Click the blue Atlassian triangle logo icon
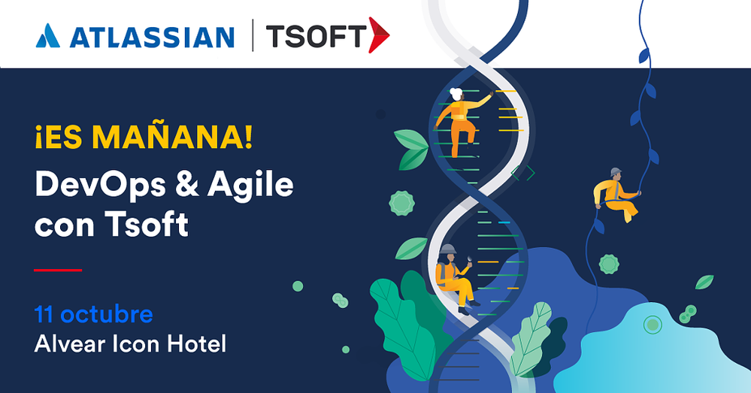(x=48, y=36)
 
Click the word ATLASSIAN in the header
(x=153, y=38)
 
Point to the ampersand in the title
(x=186, y=185)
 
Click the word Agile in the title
(x=250, y=186)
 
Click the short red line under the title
(x=58, y=270)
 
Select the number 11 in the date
(x=44, y=314)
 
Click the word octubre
(x=107, y=314)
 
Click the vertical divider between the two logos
(x=253, y=35)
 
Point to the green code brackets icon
(x=523, y=173)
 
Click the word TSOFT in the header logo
(x=316, y=36)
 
